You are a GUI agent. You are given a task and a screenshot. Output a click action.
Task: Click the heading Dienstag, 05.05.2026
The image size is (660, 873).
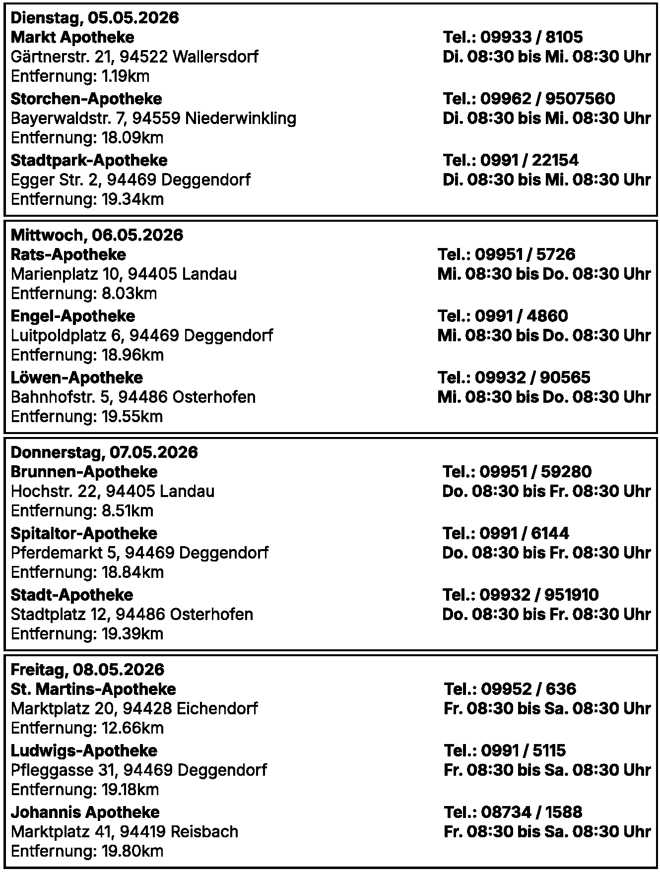pos(94,18)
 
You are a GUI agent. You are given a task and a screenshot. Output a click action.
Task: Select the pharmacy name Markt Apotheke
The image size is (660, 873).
pos(72,37)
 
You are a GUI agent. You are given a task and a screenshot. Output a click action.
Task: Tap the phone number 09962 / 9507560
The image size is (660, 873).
pos(529,99)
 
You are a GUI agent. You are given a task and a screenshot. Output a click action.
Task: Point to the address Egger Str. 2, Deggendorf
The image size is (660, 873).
pos(131,180)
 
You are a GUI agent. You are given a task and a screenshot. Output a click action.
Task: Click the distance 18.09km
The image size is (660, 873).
pos(87,138)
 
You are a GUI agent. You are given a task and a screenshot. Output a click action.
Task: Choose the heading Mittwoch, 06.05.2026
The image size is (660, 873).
pos(97,235)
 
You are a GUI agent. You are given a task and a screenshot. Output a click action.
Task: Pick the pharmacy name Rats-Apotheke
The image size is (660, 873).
pos(68,254)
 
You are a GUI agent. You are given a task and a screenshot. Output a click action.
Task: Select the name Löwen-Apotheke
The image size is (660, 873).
pos(77,377)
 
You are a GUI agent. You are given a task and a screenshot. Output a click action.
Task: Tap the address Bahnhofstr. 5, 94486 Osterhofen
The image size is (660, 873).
pos(133,397)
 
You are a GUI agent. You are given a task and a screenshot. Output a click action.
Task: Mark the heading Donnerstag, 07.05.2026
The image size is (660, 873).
pos(104,452)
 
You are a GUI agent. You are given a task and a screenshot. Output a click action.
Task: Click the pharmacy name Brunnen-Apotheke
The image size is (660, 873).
pos(84,472)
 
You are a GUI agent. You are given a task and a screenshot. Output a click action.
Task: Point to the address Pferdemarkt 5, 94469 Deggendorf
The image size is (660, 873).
pos(139,553)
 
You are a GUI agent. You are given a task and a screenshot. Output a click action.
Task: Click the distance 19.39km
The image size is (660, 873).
pos(87,634)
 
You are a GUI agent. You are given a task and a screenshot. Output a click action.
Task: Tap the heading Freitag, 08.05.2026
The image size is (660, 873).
pos(87,670)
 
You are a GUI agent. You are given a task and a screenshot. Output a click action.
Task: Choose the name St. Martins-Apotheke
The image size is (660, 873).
pos(93,689)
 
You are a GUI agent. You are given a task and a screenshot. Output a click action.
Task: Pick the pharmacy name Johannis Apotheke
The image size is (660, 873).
pos(85,812)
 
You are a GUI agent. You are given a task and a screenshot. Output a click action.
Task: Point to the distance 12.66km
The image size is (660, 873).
pos(87,728)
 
